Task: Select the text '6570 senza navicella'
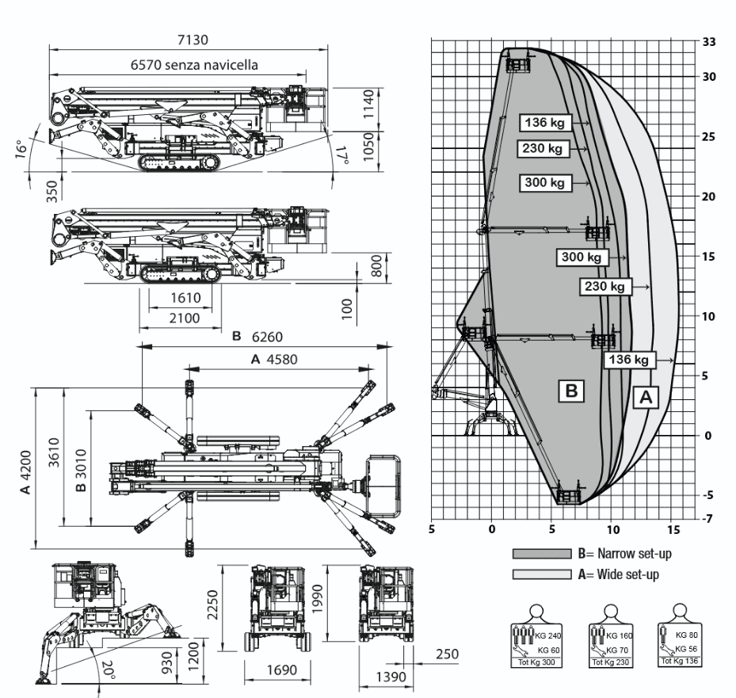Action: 193,66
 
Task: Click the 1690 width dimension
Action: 281,670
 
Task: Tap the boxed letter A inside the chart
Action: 646,398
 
